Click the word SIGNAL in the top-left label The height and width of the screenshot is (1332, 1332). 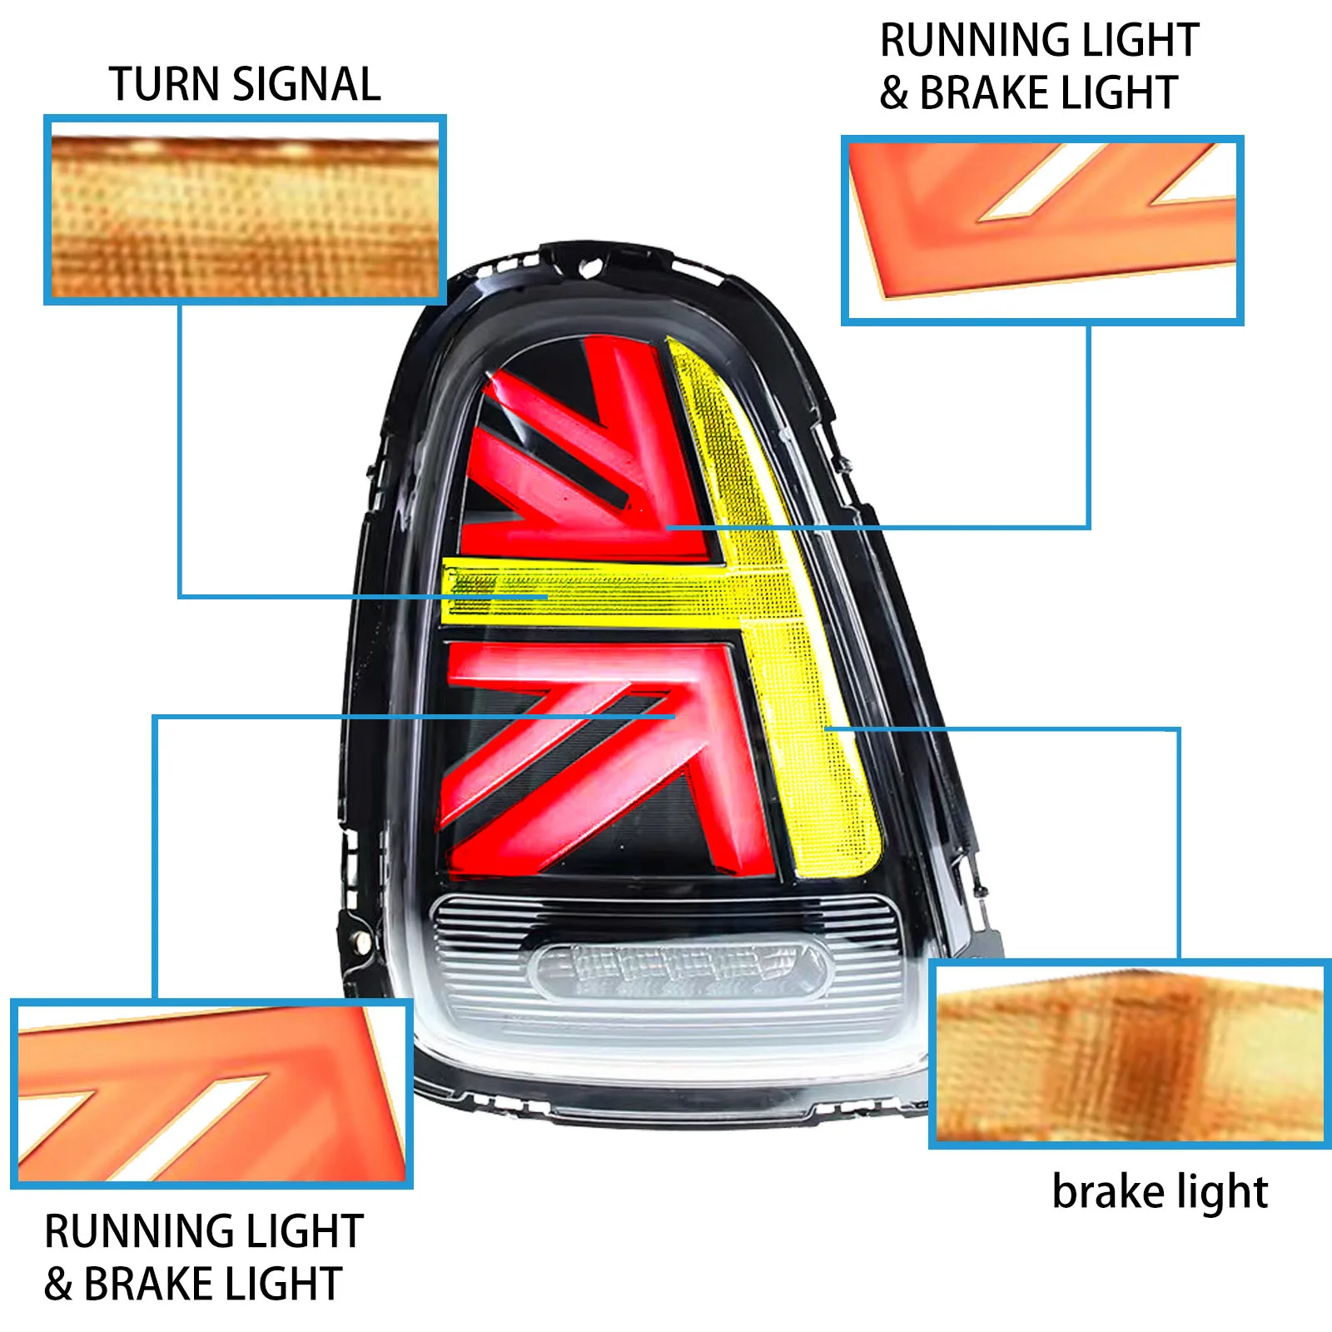click(x=307, y=84)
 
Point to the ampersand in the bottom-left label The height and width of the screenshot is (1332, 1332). click(x=58, y=1284)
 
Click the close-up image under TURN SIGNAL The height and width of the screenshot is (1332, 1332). click(x=245, y=210)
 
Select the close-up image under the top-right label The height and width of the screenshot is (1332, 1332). click(x=1042, y=230)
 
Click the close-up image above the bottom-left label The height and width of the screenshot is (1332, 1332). click(x=211, y=1093)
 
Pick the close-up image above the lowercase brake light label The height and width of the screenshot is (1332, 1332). click(x=1130, y=1054)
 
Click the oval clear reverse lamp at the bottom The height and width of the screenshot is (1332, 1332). click(x=681, y=971)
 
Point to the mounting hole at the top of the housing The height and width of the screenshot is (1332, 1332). click(x=590, y=268)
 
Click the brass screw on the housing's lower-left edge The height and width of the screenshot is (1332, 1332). click(x=361, y=939)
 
